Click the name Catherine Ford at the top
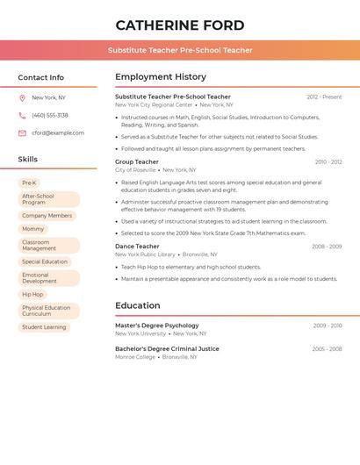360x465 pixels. point(180,25)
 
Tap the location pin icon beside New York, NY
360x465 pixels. point(22,98)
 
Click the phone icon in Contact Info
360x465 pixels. point(22,116)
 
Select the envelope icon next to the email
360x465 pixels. point(22,133)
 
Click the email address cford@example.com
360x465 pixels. point(58,133)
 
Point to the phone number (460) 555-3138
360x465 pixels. point(50,116)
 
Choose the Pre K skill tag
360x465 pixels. point(29,183)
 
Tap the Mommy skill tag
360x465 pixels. point(32,229)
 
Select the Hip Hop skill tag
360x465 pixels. point(32,295)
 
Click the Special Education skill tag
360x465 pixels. point(45,261)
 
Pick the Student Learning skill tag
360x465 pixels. point(44,327)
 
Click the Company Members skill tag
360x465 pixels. point(47,216)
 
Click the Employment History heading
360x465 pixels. point(161,77)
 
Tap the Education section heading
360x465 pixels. point(137,306)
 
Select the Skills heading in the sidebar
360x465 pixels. point(28,160)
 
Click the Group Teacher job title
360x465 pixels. point(137,162)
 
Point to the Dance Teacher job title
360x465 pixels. point(137,247)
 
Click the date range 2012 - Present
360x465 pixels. point(324,97)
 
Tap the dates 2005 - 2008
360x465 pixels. point(327,349)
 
